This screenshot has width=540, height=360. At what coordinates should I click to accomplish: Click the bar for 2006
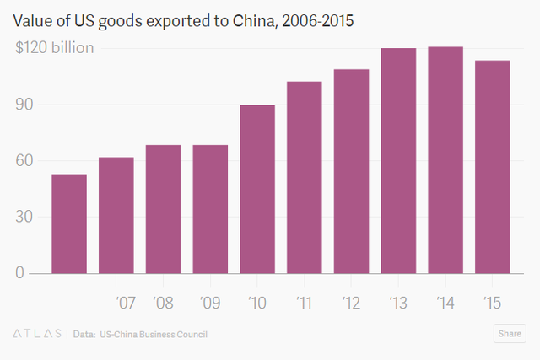tap(69, 223)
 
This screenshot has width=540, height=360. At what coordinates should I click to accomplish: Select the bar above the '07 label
tap(116, 215)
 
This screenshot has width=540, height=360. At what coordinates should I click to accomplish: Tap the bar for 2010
tap(257, 189)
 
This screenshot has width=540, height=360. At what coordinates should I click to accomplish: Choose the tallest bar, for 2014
tap(446, 159)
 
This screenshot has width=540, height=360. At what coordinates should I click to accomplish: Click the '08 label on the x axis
tap(163, 301)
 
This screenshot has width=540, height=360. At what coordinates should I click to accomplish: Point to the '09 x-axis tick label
tap(210, 301)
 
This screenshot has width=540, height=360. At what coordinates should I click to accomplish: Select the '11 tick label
tap(305, 301)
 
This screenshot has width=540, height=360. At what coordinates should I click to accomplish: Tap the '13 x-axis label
tap(399, 301)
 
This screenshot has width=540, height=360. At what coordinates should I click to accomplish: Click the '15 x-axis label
tap(494, 301)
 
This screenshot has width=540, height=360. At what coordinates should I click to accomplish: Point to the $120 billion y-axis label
tap(54, 48)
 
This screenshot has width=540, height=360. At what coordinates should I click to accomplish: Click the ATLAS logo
tap(36, 335)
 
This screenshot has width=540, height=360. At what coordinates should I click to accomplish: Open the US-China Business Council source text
tap(153, 335)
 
